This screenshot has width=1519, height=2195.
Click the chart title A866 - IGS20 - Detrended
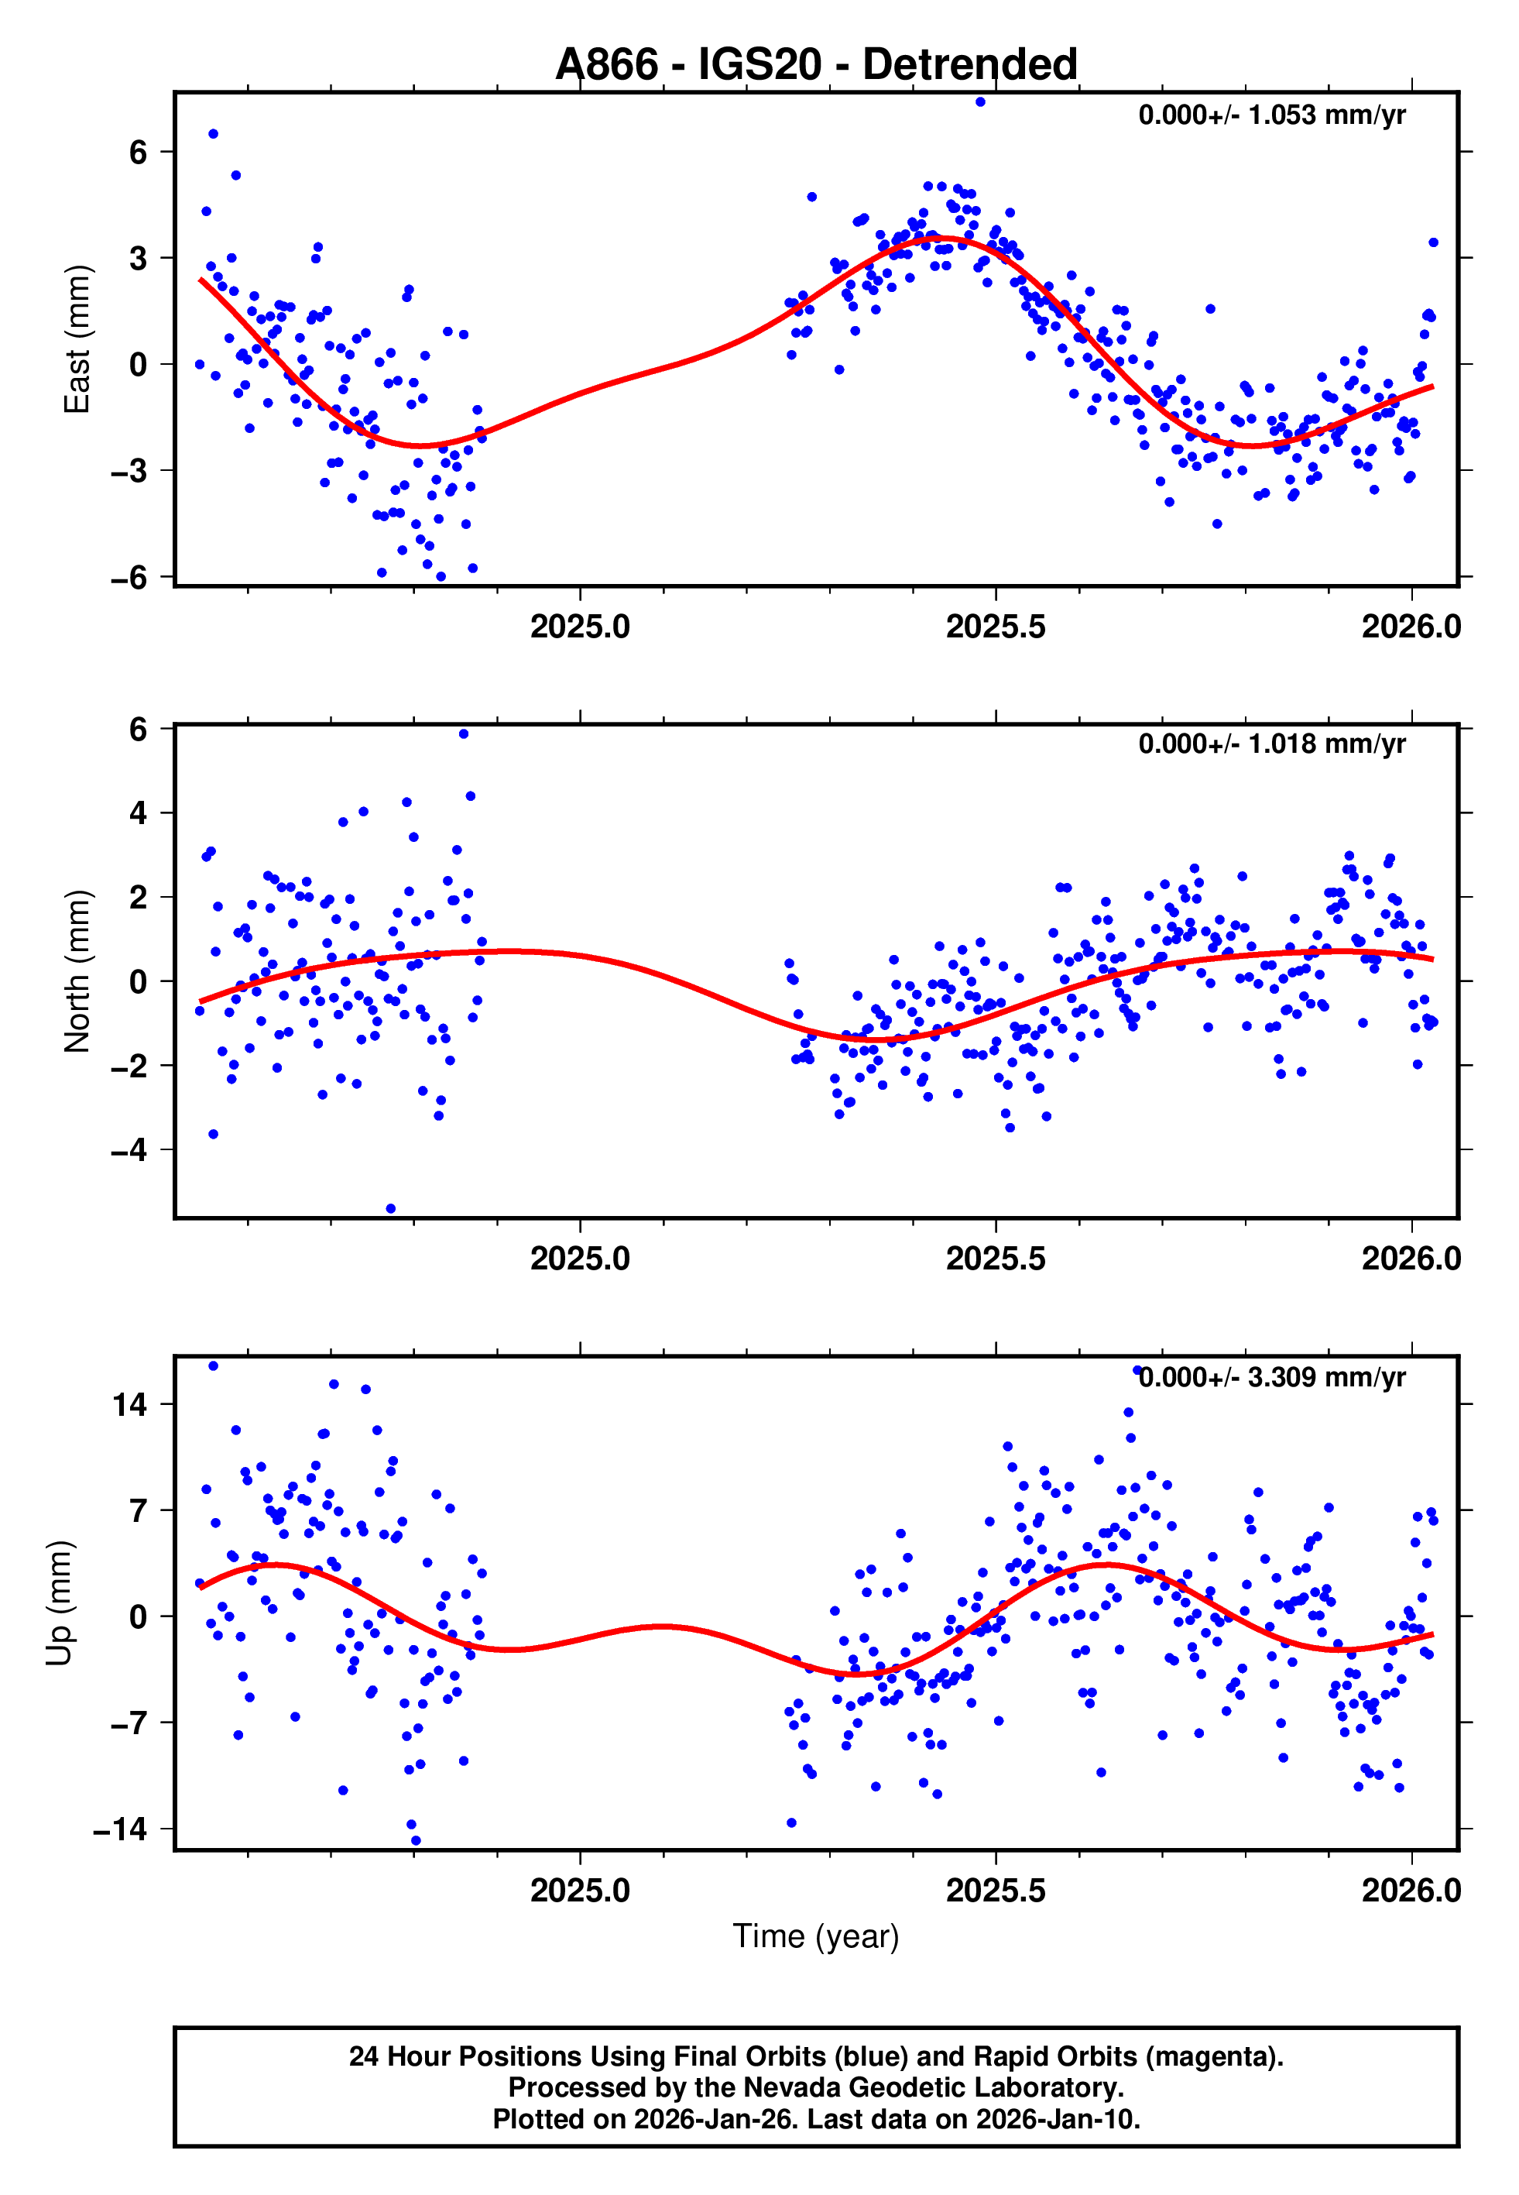point(816,65)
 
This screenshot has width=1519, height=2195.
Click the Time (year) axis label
point(816,1936)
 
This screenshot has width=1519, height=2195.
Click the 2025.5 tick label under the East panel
point(995,627)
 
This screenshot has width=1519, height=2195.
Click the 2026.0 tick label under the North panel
point(1411,1259)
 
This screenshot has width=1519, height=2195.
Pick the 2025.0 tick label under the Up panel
point(580,1891)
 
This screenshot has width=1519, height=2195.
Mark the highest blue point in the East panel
point(979,101)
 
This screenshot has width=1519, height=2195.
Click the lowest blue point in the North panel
point(390,1208)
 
